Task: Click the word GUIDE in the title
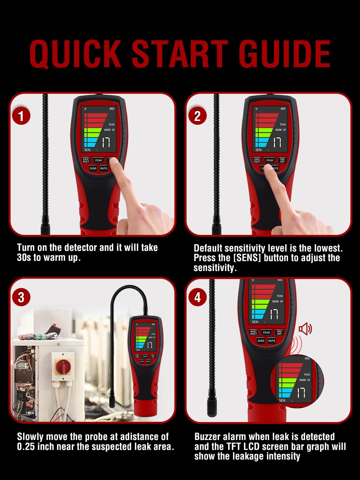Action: point(284,54)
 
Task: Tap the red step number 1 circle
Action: point(21,116)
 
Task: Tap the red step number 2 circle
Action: point(197,116)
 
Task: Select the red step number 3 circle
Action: point(21,297)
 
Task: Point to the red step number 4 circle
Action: point(197,297)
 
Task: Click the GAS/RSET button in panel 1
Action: point(86,160)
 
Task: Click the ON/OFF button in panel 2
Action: point(282,160)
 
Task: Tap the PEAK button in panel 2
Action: point(270,160)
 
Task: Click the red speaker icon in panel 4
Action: point(305,329)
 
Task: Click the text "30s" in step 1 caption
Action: point(24,258)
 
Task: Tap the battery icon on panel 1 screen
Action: point(112,108)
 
